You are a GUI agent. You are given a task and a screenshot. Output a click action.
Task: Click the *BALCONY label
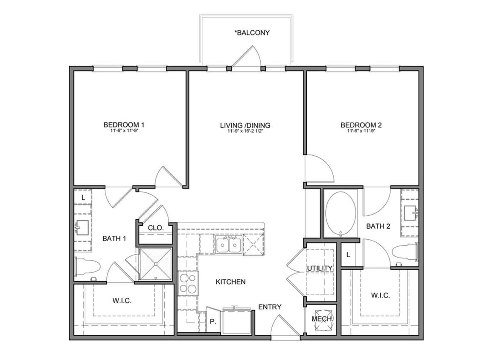point(252,32)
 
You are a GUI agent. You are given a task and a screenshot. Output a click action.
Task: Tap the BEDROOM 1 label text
point(124,125)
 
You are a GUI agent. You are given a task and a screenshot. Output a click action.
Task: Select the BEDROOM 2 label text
point(361,125)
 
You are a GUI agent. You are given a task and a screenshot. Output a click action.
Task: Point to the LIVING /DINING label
point(245,125)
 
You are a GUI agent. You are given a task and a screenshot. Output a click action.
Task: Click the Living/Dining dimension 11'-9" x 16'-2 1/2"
point(245,131)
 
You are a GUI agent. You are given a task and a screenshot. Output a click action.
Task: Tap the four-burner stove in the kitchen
point(188,283)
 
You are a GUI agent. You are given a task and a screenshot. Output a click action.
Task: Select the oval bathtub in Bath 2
point(341,214)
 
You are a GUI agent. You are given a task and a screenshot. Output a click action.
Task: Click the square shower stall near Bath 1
point(155,264)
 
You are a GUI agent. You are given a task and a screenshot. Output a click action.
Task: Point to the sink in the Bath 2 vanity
point(410,212)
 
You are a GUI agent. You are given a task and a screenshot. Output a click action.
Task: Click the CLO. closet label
point(156,228)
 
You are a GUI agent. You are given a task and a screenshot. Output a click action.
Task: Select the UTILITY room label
point(320,268)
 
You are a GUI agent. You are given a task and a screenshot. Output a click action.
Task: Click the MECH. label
point(322,319)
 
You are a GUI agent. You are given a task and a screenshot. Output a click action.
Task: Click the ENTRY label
point(270,307)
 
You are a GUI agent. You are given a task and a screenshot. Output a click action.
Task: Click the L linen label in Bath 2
point(348,255)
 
